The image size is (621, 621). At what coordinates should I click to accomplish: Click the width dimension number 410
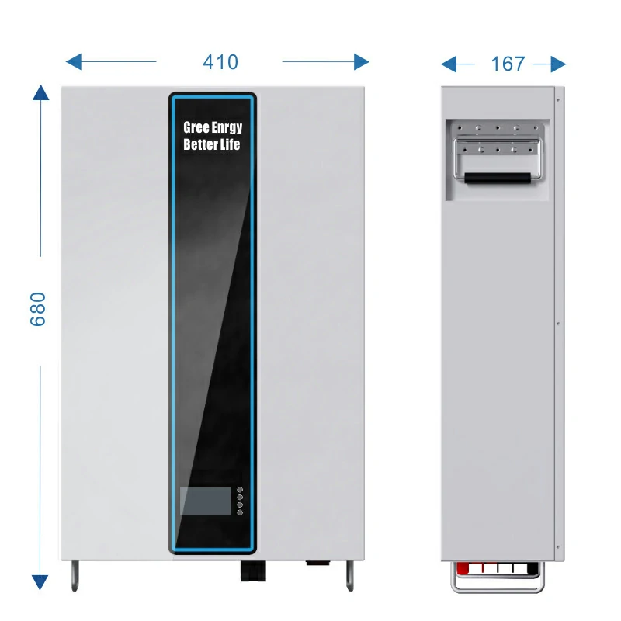tap(220, 62)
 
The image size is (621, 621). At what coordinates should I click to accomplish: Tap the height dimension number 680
tap(39, 309)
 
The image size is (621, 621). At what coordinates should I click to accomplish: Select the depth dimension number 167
tap(508, 64)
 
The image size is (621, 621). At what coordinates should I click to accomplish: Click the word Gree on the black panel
tap(196, 127)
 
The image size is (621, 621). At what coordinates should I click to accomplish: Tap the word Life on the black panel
tap(231, 145)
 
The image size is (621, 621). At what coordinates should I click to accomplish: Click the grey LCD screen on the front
tap(205, 501)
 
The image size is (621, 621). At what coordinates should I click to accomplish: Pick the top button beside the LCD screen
tap(240, 490)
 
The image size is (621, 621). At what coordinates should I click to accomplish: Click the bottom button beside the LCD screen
tap(240, 513)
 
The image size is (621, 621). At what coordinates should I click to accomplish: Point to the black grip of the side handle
tap(498, 178)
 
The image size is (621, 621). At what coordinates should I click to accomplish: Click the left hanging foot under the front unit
tap(75, 574)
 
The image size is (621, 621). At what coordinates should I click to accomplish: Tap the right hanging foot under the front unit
tap(349, 574)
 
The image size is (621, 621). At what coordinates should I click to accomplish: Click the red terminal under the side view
tap(463, 569)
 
